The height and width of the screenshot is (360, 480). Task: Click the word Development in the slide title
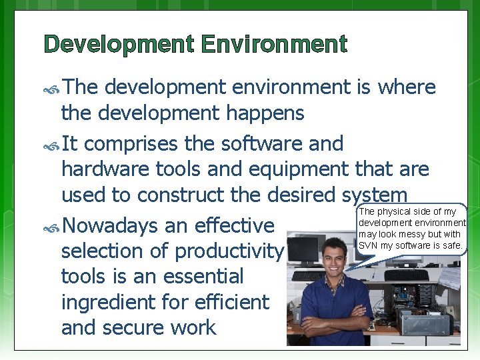click(x=117, y=45)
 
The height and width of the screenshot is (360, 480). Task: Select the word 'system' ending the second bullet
click(x=374, y=195)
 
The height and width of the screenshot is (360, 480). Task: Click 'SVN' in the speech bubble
click(x=369, y=245)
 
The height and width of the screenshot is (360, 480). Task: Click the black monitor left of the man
click(x=304, y=250)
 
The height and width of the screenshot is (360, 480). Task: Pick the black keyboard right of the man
click(x=406, y=275)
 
